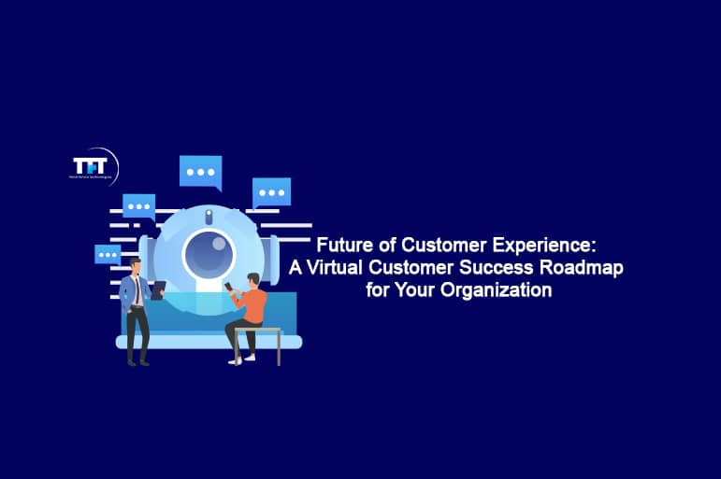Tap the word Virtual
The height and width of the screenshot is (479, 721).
[341, 268]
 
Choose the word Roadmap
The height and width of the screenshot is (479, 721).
[589, 268]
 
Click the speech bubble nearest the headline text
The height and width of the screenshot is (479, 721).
[271, 192]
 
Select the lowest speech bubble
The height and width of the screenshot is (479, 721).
[108, 253]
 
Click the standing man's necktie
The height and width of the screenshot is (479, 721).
[137, 292]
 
